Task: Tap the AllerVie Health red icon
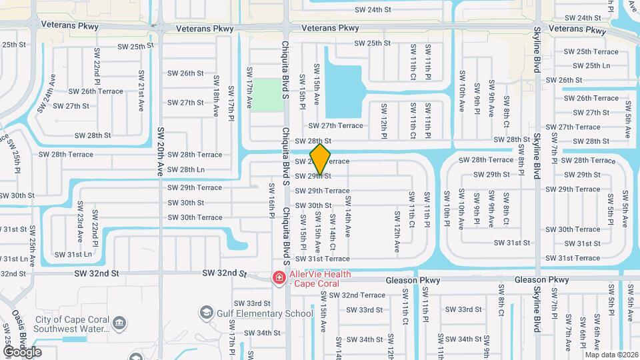coord(279,277)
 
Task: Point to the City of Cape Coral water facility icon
coord(120,323)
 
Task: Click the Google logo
coord(22,352)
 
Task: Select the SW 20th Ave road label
coord(160,151)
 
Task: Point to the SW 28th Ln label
coord(186,170)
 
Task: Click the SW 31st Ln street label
coord(73,254)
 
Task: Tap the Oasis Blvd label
coord(23,340)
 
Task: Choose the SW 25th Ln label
coord(587,65)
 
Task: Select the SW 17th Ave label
coord(250,87)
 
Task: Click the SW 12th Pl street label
coord(384,121)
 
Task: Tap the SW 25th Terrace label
coord(591,51)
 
